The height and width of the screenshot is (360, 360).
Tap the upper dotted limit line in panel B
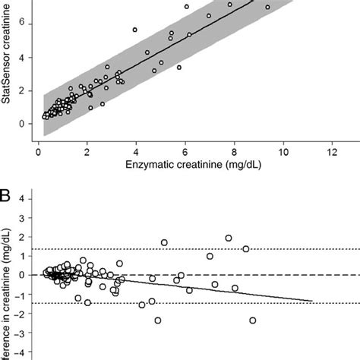[x=152, y=249]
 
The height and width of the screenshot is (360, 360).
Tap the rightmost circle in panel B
[x=252, y=321]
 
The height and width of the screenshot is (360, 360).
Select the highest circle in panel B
[x=229, y=238]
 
